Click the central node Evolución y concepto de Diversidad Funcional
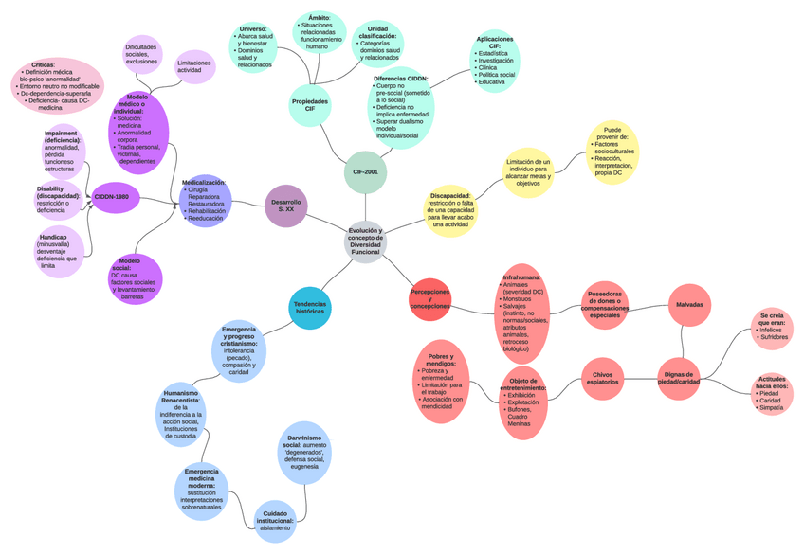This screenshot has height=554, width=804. click(365, 241)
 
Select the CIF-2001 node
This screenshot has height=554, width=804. click(365, 172)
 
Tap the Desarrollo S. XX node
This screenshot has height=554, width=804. click(285, 206)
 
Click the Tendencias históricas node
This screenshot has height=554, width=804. click(310, 307)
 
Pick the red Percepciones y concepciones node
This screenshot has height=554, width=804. click(429, 299)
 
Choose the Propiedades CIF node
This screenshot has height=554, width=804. click(310, 105)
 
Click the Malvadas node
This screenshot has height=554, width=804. click(689, 304)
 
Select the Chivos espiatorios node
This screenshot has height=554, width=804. click(604, 377)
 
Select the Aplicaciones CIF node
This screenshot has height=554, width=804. click(495, 61)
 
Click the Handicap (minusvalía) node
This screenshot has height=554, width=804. click(59, 252)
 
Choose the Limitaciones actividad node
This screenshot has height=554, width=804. click(194, 65)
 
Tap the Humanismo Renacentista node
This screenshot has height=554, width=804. click(180, 415)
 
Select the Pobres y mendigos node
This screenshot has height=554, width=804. click(442, 379)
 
